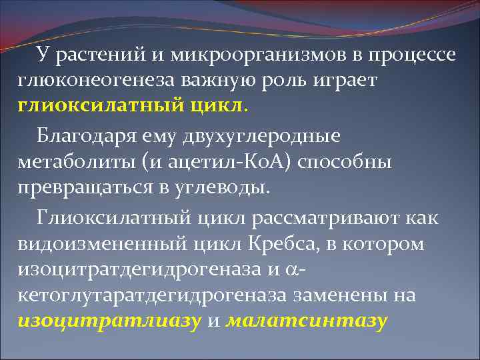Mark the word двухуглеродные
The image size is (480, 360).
(266, 137)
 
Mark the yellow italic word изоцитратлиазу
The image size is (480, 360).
(109, 321)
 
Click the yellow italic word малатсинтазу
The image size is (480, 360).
(307, 321)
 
